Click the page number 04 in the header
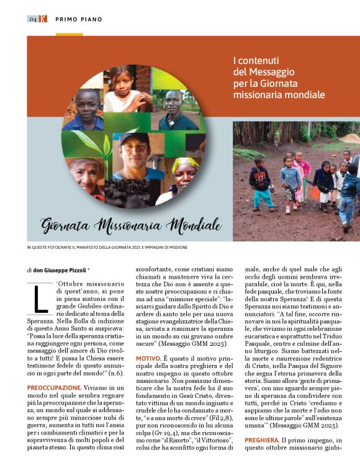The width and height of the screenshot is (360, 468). pyautogui.click(x=33, y=19)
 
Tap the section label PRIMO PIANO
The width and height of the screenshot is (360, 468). pyautogui.click(x=79, y=19)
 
